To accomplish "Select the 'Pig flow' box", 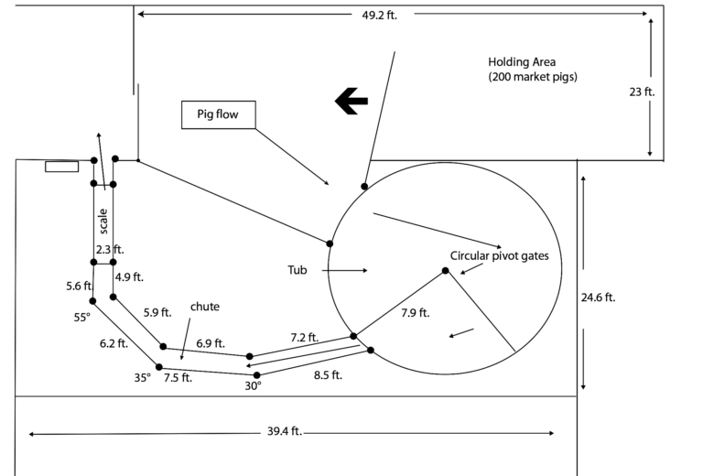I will point(217,114).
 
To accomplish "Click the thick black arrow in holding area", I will point(351,102).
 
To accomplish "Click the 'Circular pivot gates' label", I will point(500,256).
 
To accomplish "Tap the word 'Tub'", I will point(296,270).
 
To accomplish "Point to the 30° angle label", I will point(253,386).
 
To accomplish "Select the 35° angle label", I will point(142,375).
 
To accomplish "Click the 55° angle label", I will point(82,318).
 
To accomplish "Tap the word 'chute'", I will point(204,307).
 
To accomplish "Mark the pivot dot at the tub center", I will point(446,271).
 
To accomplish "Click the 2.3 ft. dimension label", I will point(109,249).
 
